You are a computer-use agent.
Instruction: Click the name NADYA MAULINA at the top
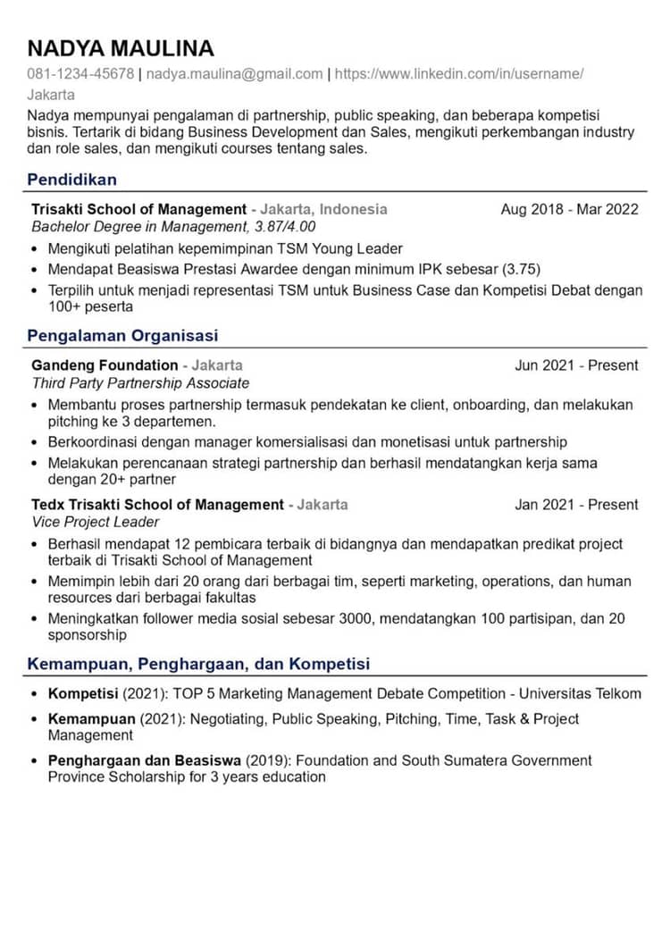[x=121, y=48]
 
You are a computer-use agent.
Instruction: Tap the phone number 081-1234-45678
[x=80, y=74]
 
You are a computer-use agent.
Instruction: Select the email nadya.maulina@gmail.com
[x=234, y=74]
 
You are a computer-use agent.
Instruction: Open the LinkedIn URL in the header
[x=459, y=74]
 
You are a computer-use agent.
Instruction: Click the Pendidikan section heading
[x=71, y=180]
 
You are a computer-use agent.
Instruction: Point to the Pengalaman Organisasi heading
[x=122, y=336]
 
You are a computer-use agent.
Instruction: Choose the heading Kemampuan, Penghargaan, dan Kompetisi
[x=198, y=664]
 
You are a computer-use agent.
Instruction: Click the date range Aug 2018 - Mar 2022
[x=569, y=209]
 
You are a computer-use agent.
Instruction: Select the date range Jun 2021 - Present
[x=576, y=365]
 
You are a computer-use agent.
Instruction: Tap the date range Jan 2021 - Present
[x=576, y=504]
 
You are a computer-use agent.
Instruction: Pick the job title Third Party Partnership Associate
[x=140, y=382]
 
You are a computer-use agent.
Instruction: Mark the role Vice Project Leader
[x=95, y=522]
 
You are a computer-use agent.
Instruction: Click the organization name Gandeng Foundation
[x=105, y=365]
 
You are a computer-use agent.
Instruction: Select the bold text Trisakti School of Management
[x=138, y=209]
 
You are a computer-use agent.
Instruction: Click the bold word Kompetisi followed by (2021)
[x=83, y=693]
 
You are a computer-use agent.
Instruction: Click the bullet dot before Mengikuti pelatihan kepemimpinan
[x=35, y=249]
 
